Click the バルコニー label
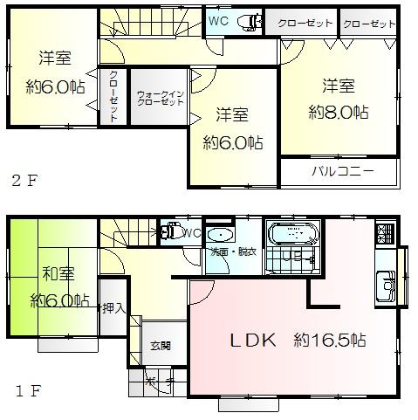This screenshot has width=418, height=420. click(343, 170)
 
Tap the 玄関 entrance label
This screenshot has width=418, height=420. click(160, 346)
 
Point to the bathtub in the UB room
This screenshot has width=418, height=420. click(293, 235)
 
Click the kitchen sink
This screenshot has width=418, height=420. click(385, 284)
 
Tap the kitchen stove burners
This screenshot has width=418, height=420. click(385, 233)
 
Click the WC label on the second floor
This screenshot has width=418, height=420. click(218, 22)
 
